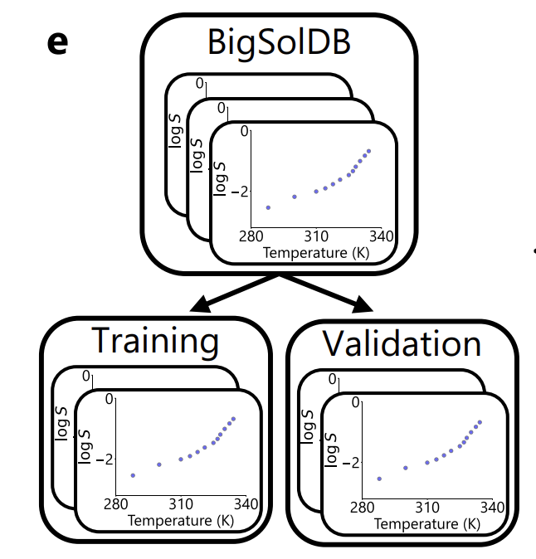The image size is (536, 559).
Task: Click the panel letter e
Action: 56,43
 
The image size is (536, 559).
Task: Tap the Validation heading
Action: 402,343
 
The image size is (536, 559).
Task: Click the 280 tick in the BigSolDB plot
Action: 251,236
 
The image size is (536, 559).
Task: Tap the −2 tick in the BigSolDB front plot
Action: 240,191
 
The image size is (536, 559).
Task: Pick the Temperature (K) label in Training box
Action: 180,521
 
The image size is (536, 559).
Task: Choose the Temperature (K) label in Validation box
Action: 426,523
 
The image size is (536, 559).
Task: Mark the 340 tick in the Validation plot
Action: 492,507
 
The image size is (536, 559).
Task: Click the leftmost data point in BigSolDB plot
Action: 268,207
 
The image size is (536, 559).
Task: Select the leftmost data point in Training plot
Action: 133,475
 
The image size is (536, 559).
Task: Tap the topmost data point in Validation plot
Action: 480,421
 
